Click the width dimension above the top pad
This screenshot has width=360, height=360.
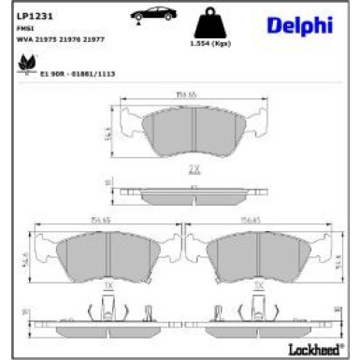[x=193, y=94]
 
